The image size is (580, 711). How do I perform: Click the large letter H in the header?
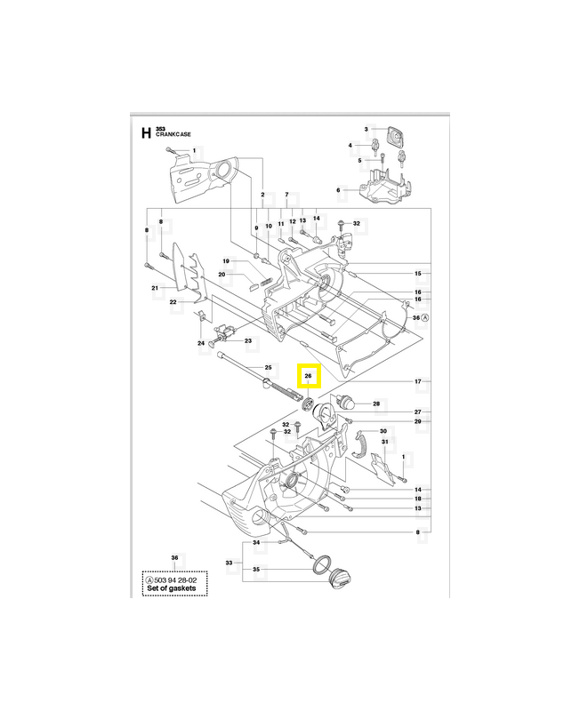point(146,134)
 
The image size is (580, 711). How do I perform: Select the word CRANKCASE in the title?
point(173,134)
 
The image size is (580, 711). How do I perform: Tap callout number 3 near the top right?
point(367,129)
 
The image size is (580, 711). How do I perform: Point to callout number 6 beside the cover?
point(338,189)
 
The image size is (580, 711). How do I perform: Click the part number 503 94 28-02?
point(176,579)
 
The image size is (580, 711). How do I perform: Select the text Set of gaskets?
point(174,588)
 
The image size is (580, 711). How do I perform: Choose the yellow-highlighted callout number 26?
point(307,377)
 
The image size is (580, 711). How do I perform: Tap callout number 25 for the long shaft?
point(267,367)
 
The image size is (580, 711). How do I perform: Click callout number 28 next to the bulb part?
point(376,404)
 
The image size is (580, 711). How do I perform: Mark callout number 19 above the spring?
point(226,261)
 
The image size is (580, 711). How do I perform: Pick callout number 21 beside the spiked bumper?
point(155,288)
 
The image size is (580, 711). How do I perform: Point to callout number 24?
point(201,343)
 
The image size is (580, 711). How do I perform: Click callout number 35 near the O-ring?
point(257,569)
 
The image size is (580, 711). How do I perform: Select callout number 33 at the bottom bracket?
point(228,563)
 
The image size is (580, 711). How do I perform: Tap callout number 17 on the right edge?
point(417,381)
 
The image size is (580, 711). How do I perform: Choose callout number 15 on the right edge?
point(417,273)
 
